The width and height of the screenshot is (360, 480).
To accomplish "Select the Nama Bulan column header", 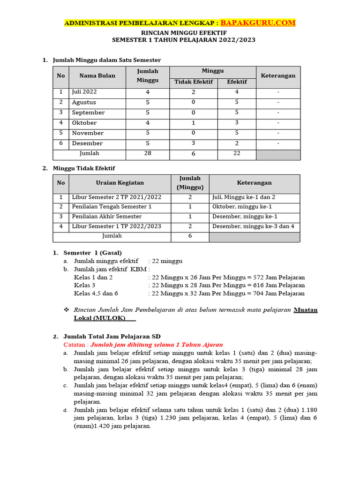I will click(97, 75).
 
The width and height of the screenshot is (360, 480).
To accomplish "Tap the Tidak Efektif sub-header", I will click(194, 82).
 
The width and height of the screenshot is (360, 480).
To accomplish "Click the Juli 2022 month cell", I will click(84, 92).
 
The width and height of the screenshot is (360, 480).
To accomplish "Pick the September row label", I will click(89, 112).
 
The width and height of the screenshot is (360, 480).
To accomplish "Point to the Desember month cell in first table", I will click(87, 143).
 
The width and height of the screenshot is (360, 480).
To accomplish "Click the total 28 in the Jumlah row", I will click(148, 154).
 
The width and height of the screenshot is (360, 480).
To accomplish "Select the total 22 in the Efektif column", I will click(237, 154).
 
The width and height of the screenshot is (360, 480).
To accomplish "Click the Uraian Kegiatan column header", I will click(120, 183).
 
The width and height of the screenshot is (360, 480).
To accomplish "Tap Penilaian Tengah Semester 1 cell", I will click(112, 207).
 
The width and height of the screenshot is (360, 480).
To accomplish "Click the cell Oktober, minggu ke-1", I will click(242, 207).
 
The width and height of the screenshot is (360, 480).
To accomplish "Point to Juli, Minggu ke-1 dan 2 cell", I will click(244, 197).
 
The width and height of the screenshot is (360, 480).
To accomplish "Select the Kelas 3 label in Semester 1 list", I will click(85, 285).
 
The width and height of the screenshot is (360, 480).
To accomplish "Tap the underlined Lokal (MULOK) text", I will click(100, 318).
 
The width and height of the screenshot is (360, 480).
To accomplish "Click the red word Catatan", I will click(75, 345).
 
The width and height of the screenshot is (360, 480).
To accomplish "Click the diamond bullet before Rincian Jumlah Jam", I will click(66, 310).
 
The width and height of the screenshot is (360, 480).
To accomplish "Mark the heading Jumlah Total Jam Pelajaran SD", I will click(112, 336).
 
